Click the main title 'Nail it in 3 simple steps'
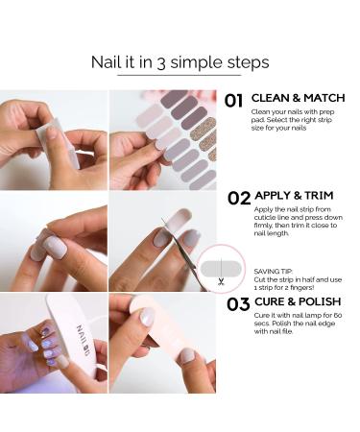pos(180,62)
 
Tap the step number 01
pos(233,101)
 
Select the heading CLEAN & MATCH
pos(299,98)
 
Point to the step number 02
pos(239,199)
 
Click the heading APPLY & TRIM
pos(294,195)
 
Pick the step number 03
pos(238,304)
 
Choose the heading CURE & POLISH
pos(298,301)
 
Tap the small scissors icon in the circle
pos(221,281)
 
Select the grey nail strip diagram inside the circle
pos(221,268)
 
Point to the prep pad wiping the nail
pos(58,142)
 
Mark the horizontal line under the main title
pos(180,75)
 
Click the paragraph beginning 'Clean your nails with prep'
pos(293,120)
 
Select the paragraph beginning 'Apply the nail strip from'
pos(299,222)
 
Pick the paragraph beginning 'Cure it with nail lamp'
pos(298,324)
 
